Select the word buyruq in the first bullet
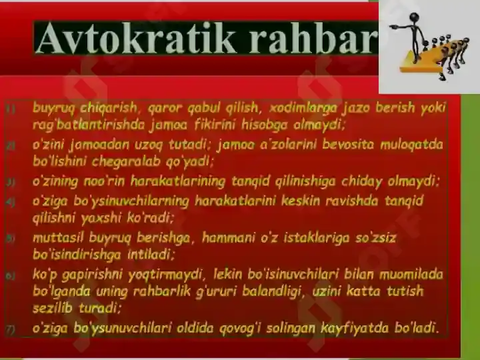[x=53, y=108]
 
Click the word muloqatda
[x=411, y=145]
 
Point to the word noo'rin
[x=104, y=181]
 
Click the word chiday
[x=362, y=181]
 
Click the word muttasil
[x=58, y=237]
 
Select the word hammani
[x=229, y=237]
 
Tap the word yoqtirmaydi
[x=165, y=275]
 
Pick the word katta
[x=363, y=291]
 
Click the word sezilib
[x=53, y=308]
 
